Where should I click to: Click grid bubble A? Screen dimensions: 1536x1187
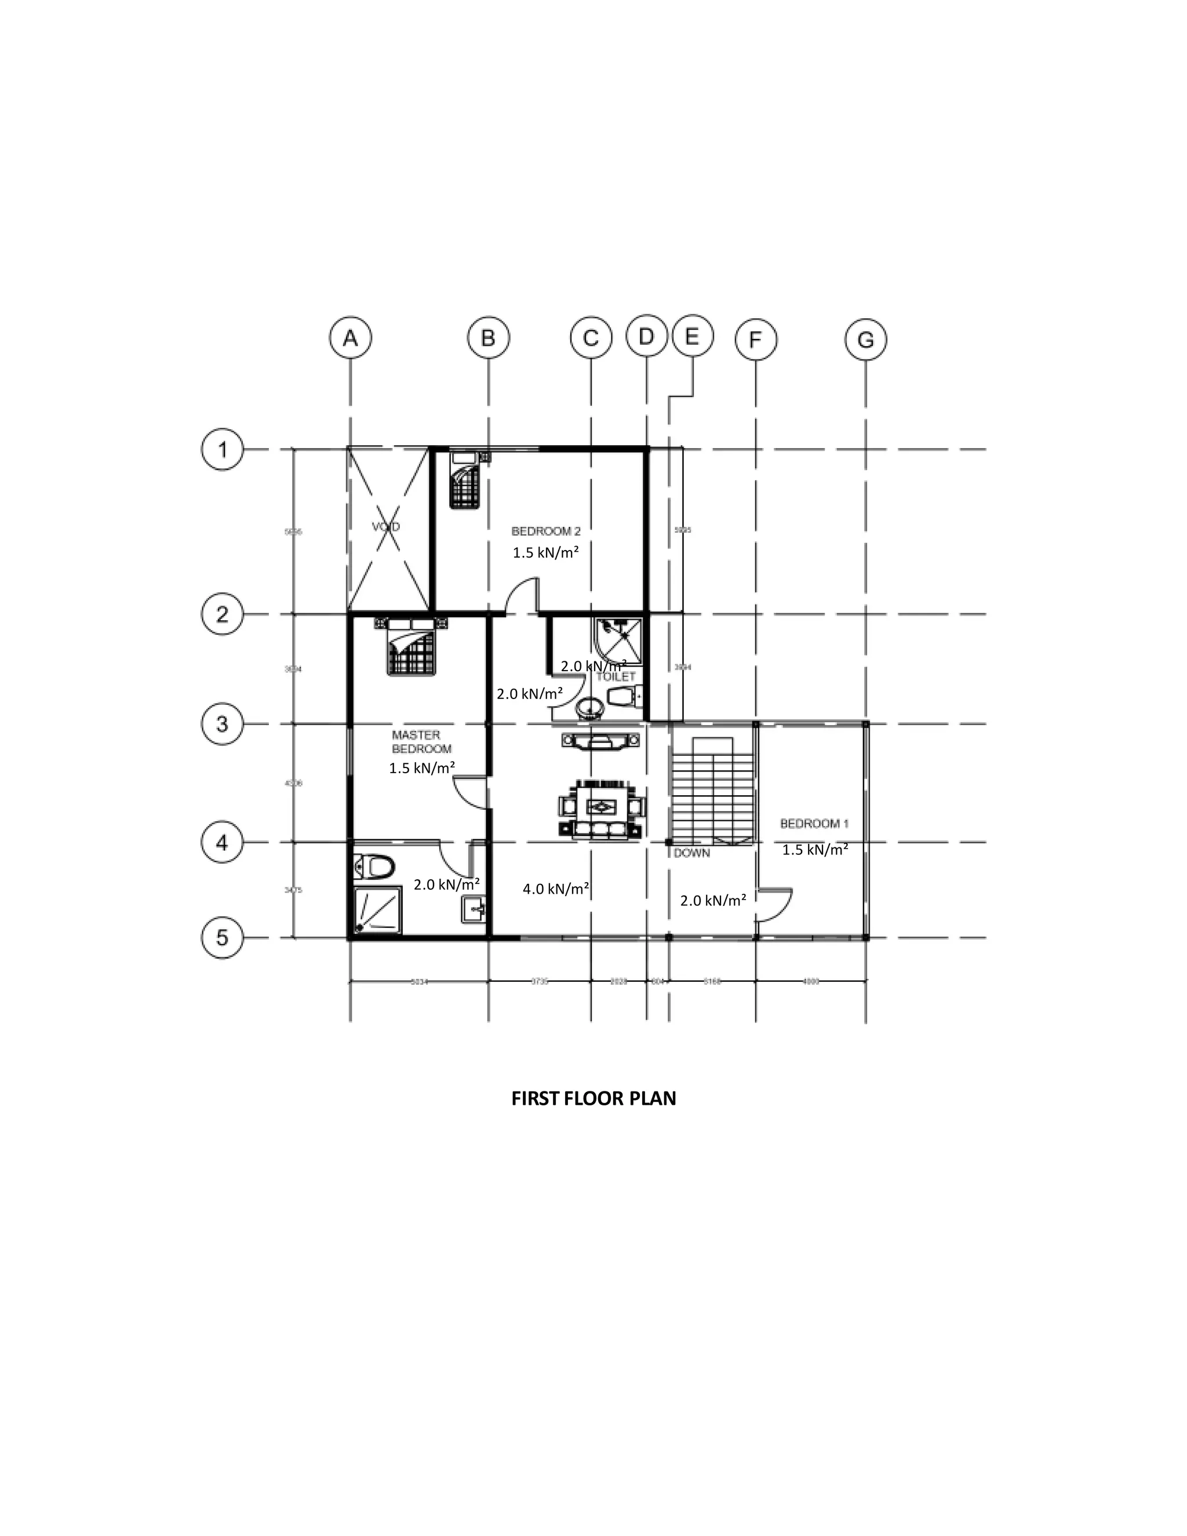350,338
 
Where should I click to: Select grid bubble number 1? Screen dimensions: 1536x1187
222,449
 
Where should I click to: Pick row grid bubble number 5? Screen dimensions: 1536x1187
222,937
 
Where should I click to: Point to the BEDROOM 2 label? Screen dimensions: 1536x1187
545,531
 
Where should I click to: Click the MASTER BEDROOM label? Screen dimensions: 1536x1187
421,742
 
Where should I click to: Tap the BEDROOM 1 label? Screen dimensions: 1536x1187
814,823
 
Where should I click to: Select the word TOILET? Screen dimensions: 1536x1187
616,676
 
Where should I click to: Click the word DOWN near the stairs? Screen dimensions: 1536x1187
692,853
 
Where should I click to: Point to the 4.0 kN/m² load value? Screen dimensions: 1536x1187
555,889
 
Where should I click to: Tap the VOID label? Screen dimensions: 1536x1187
386,527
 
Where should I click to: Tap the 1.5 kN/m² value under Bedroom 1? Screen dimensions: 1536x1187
814,850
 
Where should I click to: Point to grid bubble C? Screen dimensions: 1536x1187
591,339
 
